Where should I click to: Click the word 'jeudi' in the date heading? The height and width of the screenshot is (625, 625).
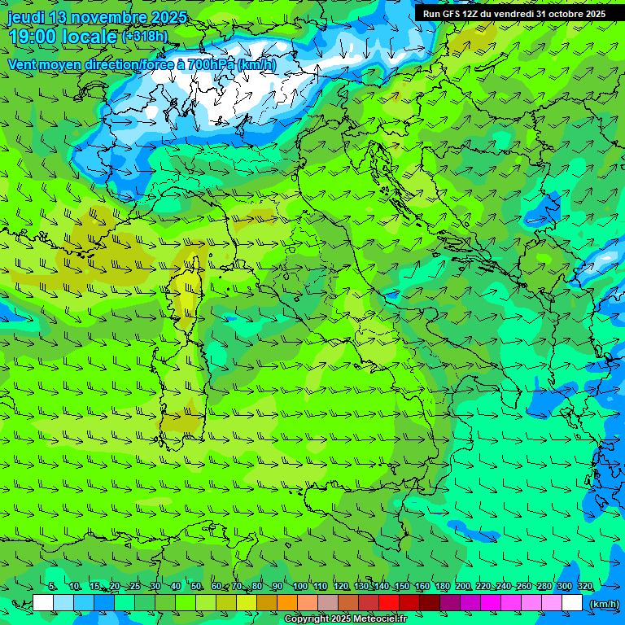(27, 17)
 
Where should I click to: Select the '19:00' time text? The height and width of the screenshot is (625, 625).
(33, 37)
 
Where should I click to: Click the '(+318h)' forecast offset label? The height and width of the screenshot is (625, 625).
(144, 37)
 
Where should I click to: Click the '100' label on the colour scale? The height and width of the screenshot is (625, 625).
(300, 587)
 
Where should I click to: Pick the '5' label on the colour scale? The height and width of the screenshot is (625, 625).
(52, 587)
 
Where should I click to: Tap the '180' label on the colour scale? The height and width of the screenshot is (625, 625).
(442, 587)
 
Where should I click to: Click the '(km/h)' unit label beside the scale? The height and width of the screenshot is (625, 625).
(603, 603)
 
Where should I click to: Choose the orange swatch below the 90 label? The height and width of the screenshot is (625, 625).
(287, 603)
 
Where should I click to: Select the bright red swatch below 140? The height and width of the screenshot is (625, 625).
(389, 603)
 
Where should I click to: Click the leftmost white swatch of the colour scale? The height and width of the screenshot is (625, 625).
(43, 603)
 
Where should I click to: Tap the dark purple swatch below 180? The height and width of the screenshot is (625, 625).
(450, 603)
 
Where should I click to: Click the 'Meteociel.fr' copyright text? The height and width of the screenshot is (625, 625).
(380, 619)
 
